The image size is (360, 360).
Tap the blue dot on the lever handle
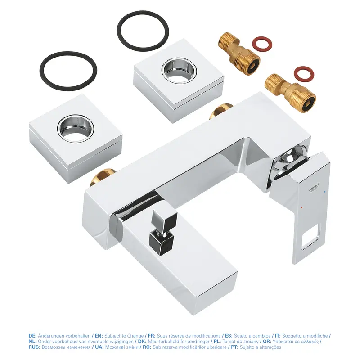tap(324, 192)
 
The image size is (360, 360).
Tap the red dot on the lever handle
tap(301, 207)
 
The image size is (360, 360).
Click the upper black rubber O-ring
tap(143, 31)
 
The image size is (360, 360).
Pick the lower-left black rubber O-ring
tap(68, 69)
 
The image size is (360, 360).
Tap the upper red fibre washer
tap(262, 43)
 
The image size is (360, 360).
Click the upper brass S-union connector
tap(239, 54)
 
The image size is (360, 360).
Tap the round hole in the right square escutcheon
tap(179, 70)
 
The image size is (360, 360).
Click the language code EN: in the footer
tap(99, 336)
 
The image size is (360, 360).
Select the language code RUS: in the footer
tap(35, 347)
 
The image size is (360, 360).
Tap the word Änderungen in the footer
tap(50, 336)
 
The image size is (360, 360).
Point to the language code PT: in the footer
tap(234, 347)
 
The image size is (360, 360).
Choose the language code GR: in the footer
tap(267, 342)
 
